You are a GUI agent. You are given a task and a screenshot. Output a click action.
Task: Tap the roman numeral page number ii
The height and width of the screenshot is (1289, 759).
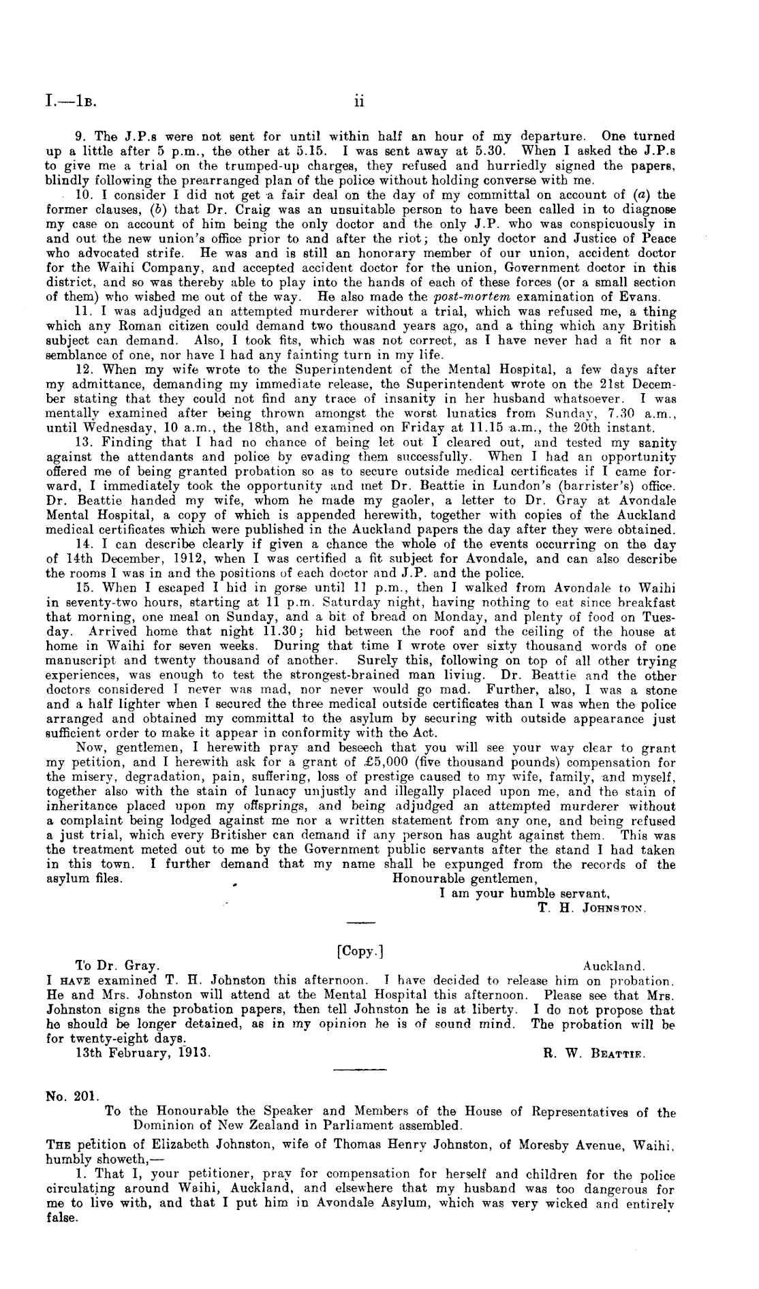tap(360, 102)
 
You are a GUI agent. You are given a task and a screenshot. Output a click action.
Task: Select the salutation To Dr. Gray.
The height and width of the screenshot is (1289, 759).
tap(117, 966)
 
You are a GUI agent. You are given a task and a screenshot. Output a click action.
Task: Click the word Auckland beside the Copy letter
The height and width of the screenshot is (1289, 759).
tap(614, 966)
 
